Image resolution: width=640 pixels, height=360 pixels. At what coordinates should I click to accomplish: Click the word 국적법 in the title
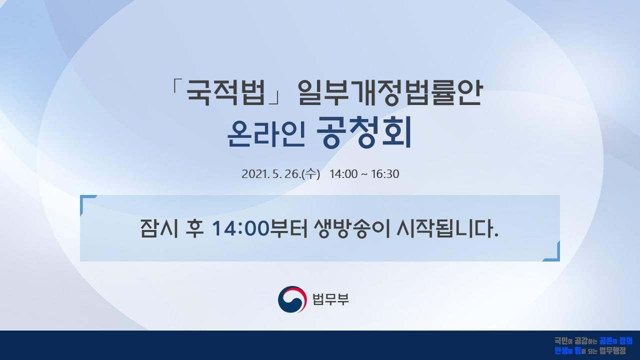(225, 92)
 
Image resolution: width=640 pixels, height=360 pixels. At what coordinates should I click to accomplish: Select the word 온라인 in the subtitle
(265, 133)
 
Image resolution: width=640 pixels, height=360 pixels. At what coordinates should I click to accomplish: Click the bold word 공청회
(364, 132)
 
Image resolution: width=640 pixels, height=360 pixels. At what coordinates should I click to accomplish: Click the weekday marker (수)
(310, 174)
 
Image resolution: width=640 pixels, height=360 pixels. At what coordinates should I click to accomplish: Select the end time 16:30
(385, 174)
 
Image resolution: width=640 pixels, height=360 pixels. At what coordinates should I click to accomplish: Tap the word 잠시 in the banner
(159, 228)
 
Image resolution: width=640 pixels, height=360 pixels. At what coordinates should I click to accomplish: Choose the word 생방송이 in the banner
(352, 228)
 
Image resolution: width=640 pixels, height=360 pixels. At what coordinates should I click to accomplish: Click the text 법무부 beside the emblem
(330, 299)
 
